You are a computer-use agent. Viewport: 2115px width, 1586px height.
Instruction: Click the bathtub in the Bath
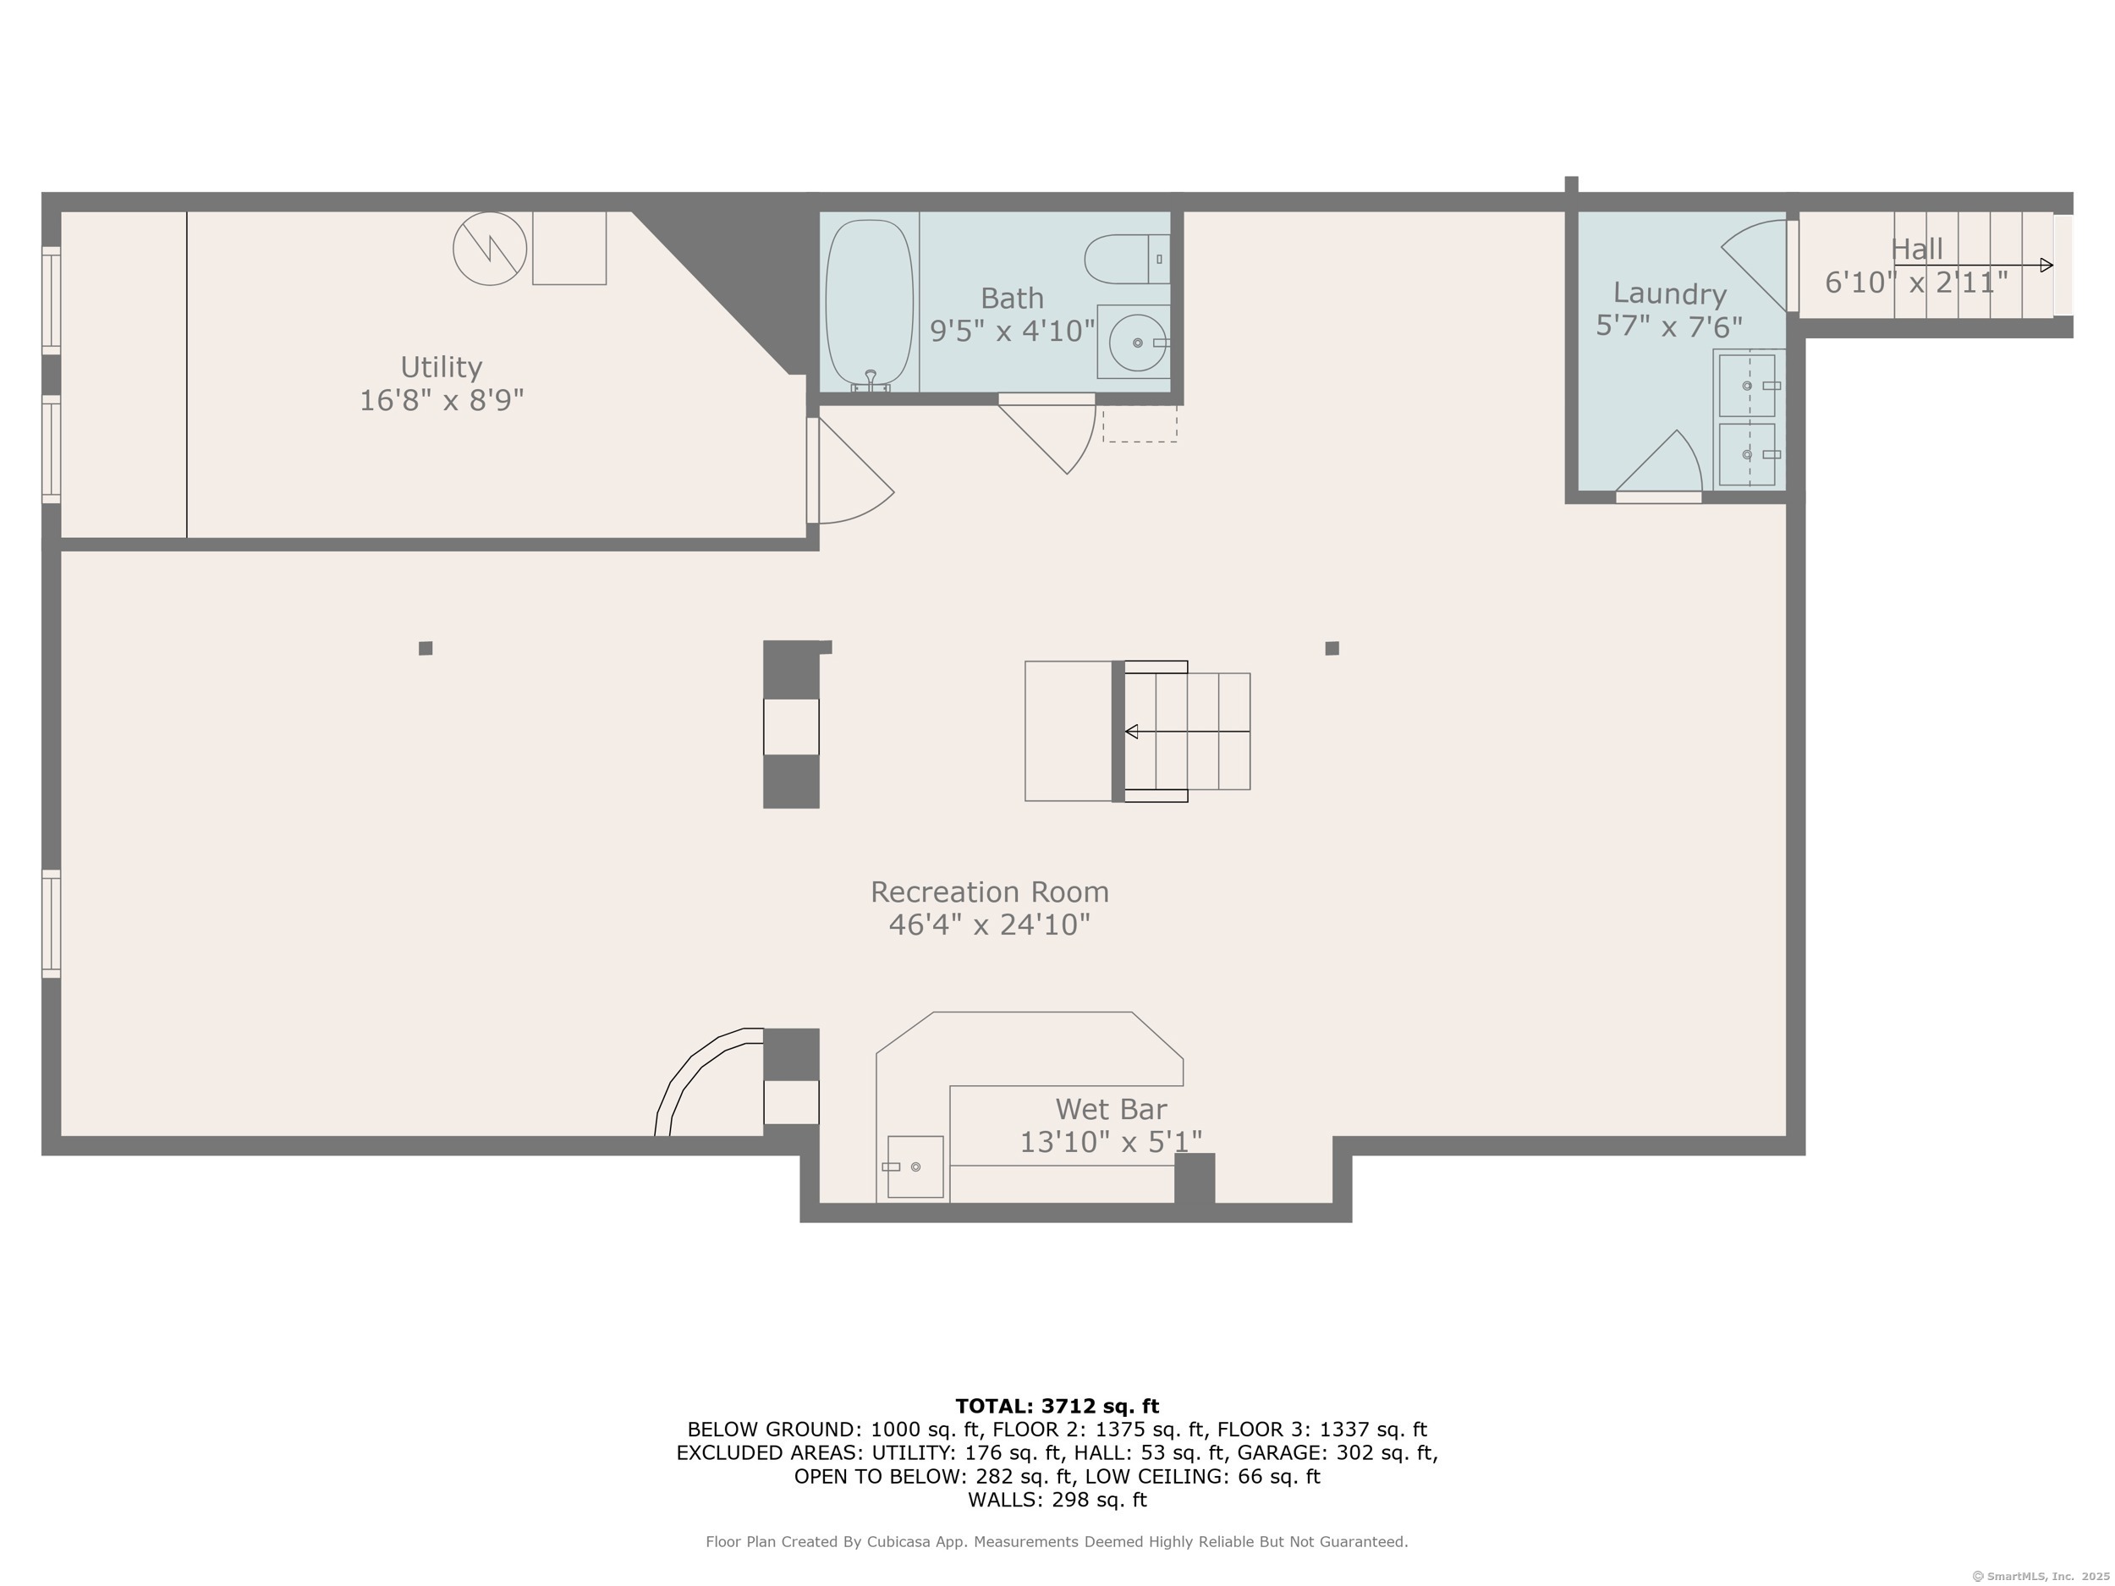pos(869,303)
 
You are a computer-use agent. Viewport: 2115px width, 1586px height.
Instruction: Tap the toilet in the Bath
pos(1126,259)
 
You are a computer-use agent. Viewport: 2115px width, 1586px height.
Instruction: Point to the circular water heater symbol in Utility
pos(490,249)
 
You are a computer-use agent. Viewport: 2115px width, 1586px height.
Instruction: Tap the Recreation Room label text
pos(990,892)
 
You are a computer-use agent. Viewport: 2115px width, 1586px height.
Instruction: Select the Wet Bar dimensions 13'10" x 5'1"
pos(1110,1141)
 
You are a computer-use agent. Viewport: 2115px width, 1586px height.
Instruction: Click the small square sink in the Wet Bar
pos(915,1166)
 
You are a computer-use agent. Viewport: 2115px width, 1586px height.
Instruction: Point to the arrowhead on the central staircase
pos(1131,732)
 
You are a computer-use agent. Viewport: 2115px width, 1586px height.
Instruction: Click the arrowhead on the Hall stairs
pos(2046,265)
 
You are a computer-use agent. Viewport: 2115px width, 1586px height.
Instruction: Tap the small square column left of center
pos(426,648)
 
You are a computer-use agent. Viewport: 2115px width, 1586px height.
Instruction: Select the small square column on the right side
pos(1332,648)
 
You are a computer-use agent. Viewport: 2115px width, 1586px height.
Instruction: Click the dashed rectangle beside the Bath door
pos(1140,424)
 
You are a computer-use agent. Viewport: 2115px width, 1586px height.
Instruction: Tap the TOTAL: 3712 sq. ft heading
pos(1057,1407)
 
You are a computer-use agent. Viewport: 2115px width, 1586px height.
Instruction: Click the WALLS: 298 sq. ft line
pos(1057,1500)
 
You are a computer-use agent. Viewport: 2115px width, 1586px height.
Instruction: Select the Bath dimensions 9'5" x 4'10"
pos(1013,331)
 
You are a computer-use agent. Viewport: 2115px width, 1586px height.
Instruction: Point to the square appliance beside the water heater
pos(569,248)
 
